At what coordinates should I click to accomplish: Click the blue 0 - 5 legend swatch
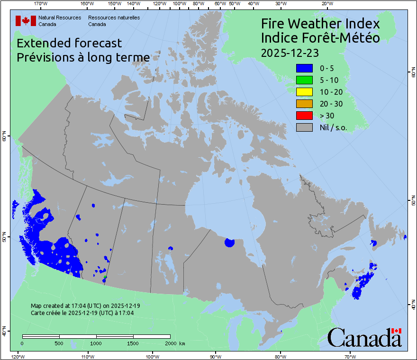304,68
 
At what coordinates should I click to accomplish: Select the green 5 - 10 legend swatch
304,80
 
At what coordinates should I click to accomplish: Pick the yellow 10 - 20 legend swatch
304,92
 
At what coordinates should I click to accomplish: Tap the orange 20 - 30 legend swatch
304,104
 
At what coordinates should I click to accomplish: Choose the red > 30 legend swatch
304,115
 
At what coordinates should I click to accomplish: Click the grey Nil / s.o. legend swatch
304,127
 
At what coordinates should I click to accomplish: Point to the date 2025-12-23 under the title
290,52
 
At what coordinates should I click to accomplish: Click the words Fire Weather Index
320,24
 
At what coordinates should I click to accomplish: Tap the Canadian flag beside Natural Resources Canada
26,20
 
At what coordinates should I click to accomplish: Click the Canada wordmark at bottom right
364,337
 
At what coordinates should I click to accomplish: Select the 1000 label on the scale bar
96,343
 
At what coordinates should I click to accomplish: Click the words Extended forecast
69,43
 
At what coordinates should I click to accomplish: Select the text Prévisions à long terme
83,57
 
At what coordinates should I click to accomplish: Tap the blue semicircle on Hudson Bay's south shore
230,243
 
